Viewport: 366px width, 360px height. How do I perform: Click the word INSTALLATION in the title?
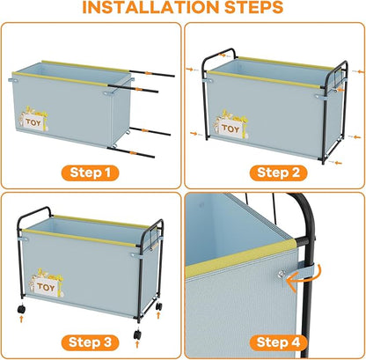pos(150,7)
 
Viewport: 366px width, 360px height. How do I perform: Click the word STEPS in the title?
pos(254,7)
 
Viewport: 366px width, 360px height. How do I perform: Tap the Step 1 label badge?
pos(90,173)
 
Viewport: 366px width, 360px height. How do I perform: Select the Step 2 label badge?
pos(278,173)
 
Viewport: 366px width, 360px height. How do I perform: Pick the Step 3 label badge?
pos(90,342)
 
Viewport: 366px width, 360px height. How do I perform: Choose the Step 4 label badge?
pos(278,342)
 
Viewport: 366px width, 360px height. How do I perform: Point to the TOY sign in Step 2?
pos(231,128)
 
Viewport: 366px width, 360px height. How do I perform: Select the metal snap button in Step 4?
pos(282,274)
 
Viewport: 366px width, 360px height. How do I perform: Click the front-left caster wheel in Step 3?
pos(21,309)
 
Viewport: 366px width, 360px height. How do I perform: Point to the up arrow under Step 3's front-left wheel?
pos(21,319)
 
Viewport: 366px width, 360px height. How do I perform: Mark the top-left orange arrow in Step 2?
pos(190,70)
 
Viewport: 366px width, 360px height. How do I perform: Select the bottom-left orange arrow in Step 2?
pos(194,134)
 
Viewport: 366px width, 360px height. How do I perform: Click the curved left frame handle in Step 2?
pos(218,55)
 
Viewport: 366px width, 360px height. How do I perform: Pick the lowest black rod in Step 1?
pos(131,152)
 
